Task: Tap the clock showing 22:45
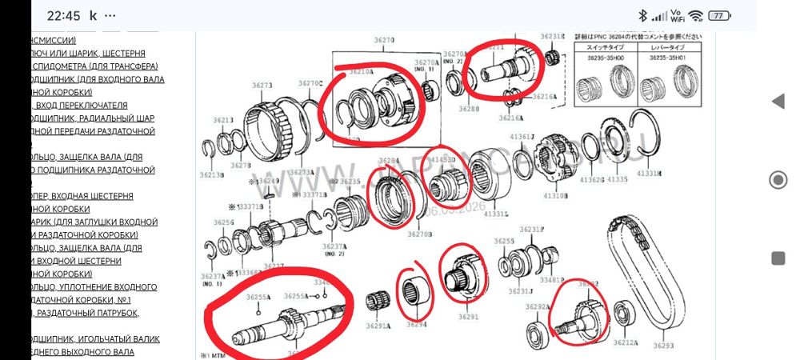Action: [64, 15]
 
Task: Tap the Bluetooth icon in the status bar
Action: [642, 15]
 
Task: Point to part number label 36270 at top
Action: [384, 40]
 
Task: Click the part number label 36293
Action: [664, 346]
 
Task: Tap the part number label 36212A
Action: [625, 342]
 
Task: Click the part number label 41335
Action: [617, 180]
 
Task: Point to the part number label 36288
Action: [470, 108]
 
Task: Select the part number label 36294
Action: [417, 324]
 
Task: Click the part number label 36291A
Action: [378, 326]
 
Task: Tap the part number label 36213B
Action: [212, 174]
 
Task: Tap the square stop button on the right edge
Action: [778, 257]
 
